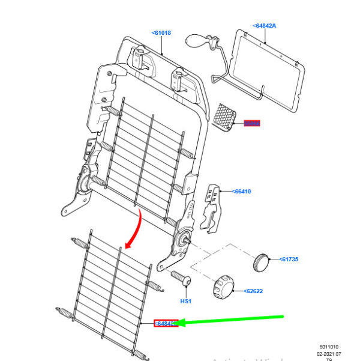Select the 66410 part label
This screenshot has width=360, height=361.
point(242,192)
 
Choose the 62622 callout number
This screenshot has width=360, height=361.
point(254,291)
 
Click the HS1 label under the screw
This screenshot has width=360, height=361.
point(185,301)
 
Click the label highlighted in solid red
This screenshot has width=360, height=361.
point(251,124)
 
